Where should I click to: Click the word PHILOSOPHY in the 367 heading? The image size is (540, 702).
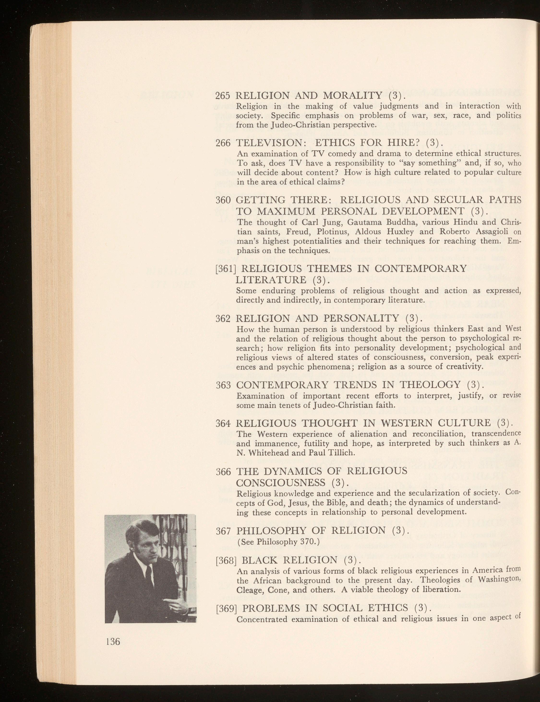coord(274,530)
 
